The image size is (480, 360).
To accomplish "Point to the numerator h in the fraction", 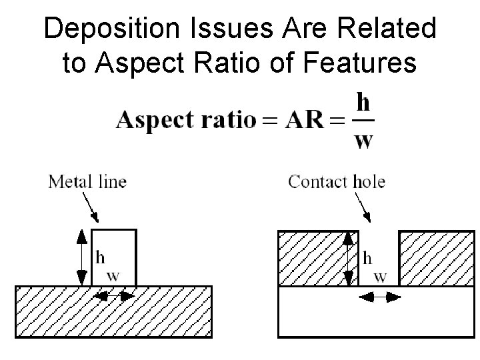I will point(363,104).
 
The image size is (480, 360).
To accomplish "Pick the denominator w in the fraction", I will point(363,141).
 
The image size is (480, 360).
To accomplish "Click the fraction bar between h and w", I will point(363,121).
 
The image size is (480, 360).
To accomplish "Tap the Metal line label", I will point(87,181).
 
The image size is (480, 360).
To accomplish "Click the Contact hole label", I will point(337,181).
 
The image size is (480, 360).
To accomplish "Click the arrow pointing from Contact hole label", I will point(365,207).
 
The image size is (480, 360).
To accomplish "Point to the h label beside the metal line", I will point(101,256).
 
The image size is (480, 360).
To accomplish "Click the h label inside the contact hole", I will point(367,257).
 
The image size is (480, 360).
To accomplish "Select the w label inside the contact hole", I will point(380,276).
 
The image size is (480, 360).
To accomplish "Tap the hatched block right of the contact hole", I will point(437,258).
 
